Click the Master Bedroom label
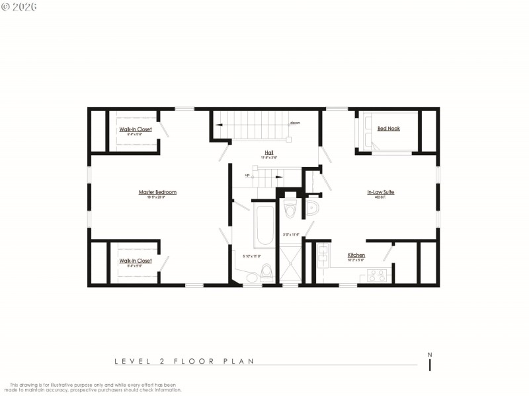[x=157, y=192]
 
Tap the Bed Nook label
[x=388, y=129]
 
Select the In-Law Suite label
[x=381, y=192]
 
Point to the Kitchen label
[x=356, y=255]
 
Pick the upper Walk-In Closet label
[x=136, y=129]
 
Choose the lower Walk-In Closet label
[x=136, y=261]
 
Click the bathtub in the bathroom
[x=263, y=225]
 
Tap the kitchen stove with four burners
[x=377, y=275]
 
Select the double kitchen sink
[x=322, y=257]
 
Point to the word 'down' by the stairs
[x=295, y=123]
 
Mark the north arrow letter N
[x=430, y=354]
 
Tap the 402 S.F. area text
[x=380, y=197]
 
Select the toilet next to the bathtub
[x=266, y=272]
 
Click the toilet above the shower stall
[x=290, y=209]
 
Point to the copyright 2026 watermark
[x=19, y=7]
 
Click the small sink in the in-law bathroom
[x=312, y=209]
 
